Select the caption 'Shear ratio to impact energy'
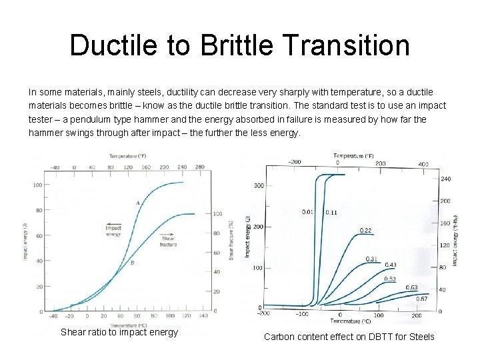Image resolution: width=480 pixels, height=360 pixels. tap(119, 332)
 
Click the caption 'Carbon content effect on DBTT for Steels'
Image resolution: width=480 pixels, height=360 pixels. tap(349, 337)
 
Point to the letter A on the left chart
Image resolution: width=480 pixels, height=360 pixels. tap(138, 202)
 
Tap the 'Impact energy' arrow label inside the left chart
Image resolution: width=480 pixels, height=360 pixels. tap(113, 230)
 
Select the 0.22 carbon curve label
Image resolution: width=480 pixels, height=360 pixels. tap(366, 230)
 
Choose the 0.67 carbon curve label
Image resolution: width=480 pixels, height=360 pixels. tap(422, 299)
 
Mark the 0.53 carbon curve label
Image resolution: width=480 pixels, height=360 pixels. tap(389, 279)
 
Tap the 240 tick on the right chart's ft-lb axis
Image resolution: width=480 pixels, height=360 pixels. tap(446, 179)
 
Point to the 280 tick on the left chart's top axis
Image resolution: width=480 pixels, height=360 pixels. tap(199, 167)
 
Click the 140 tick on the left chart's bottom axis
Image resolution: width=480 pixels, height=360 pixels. tap(203, 316)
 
